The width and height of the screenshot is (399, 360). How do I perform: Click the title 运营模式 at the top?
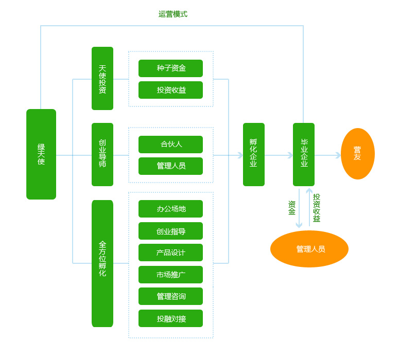coord(172,14)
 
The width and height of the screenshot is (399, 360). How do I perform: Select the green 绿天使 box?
coord(41,154)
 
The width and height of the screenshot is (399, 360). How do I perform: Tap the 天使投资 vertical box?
coord(102,79)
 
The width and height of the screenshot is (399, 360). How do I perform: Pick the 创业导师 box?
coord(102,154)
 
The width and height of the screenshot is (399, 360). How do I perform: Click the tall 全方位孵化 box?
coord(102,263)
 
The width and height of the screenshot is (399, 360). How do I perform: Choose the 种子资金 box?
coord(170,68)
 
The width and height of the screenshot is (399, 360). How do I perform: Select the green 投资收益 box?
coord(170,90)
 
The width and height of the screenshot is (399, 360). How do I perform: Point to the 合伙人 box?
coord(170,145)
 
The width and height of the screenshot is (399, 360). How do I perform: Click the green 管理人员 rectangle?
coord(170,166)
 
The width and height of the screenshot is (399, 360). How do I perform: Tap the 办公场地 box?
coord(170,209)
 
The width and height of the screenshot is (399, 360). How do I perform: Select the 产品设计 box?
coord(170,253)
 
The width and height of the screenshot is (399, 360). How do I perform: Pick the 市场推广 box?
coord(170,275)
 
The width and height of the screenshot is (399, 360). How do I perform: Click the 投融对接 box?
coord(170,318)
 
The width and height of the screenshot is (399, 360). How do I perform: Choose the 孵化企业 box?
coord(253,154)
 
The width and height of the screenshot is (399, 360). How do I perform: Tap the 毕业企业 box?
coord(304,154)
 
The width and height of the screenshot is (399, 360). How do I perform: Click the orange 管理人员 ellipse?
coord(309,249)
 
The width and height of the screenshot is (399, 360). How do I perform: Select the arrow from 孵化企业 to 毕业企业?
coord(279,155)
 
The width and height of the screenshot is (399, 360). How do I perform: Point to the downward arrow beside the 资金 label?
coord(299,208)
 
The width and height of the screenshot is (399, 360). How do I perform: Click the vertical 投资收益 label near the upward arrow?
coord(317,208)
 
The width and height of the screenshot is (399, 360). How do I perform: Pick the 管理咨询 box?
coord(170,296)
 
